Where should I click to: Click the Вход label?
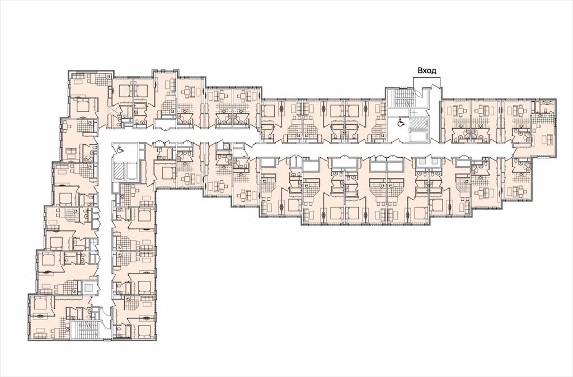427,71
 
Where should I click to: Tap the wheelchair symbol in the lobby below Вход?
401,122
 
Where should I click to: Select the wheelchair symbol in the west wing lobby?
120,149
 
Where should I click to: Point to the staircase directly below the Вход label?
399,98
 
